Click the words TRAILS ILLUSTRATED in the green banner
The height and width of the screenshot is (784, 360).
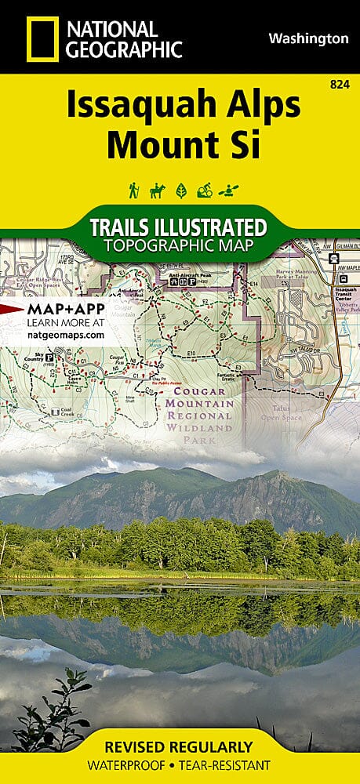point(178,228)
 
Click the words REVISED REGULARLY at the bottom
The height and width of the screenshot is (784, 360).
point(180,746)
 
